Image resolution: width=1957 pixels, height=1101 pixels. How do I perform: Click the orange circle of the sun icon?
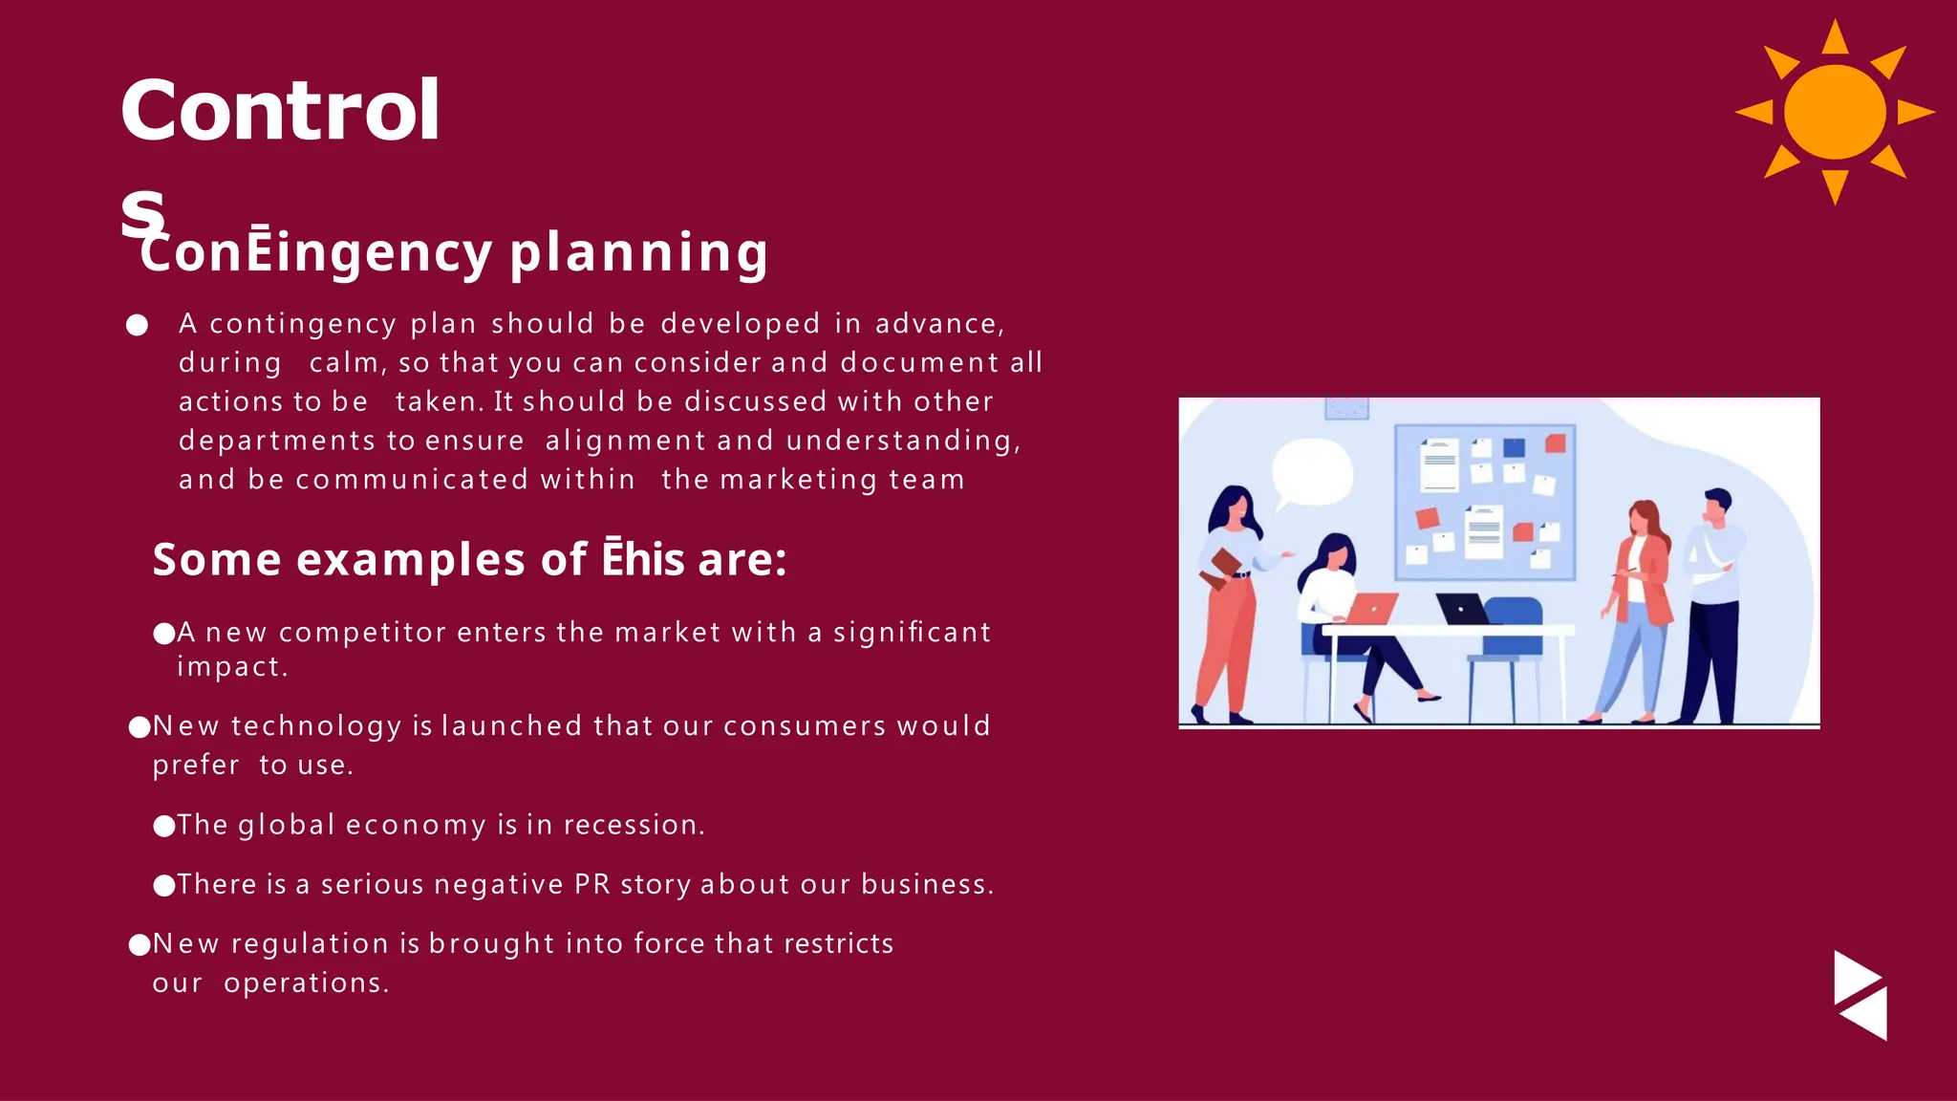pyautogui.click(x=1835, y=112)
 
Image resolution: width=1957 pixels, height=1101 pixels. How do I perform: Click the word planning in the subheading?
pyautogui.click(x=638, y=252)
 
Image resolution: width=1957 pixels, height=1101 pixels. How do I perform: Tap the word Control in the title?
pyautogui.click(x=280, y=111)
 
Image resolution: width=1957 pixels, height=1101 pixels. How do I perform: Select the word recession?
pyautogui.click(x=633, y=825)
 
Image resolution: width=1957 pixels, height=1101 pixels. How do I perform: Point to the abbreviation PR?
pyautogui.click(x=591, y=884)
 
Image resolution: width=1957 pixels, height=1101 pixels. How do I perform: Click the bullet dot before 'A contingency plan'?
pyautogui.click(x=138, y=326)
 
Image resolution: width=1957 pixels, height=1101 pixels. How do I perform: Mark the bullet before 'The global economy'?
pyautogui.click(x=164, y=826)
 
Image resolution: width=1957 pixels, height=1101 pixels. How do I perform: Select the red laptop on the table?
pyautogui.click(x=1372, y=608)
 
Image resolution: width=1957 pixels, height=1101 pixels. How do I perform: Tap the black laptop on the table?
pyautogui.click(x=1462, y=609)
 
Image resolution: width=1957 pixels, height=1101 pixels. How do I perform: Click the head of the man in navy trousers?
pyautogui.click(x=1717, y=504)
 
